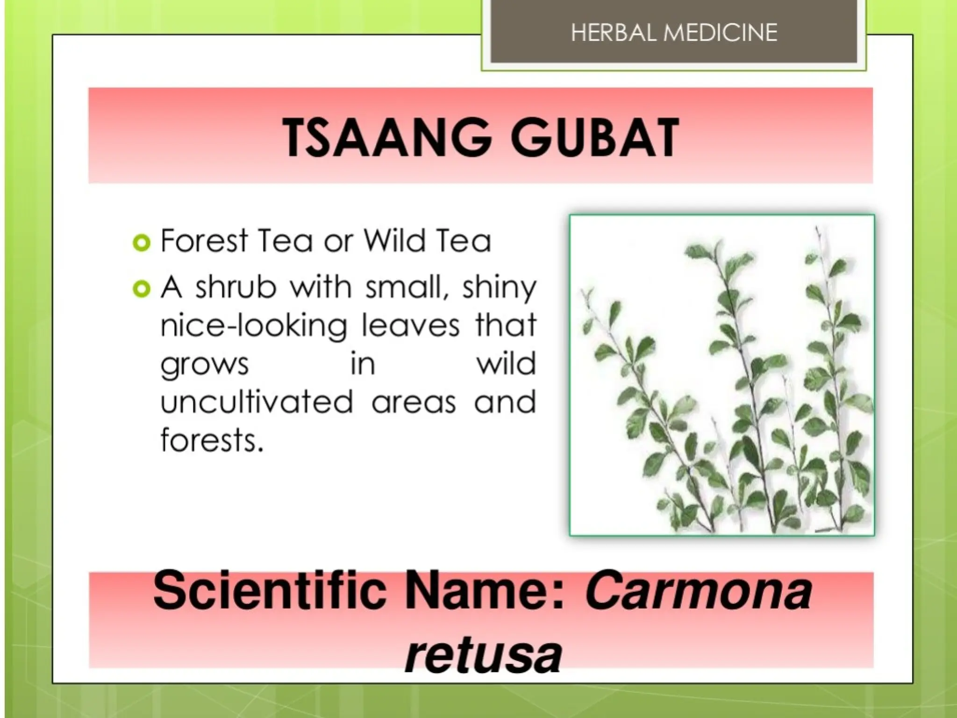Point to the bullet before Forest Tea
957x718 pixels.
tap(142, 243)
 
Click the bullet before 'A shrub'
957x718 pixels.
tap(142, 289)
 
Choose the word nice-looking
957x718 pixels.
tap(254, 326)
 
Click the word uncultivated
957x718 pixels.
tap(257, 402)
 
